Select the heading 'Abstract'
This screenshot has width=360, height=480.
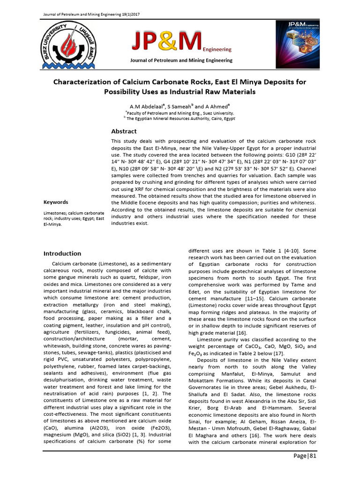pos(124,131)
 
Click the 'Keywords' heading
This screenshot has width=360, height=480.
pos(56,202)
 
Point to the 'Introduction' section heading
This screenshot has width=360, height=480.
pos(62,254)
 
